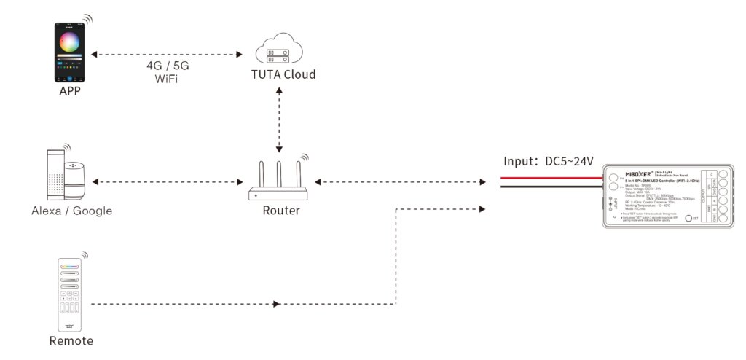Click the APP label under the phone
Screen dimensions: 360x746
[x=70, y=93]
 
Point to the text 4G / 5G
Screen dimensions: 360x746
[x=167, y=64]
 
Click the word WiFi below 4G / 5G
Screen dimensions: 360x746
[x=167, y=78]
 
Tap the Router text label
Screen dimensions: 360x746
[x=280, y=211]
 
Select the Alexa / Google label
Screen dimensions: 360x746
[x=71, y=211]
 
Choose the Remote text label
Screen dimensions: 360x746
[x=71, y=340]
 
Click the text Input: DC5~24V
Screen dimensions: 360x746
[x=548, y=160]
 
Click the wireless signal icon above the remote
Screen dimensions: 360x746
[x=85, y=255]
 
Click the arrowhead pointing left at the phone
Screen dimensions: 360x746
[x=96, y=55]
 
